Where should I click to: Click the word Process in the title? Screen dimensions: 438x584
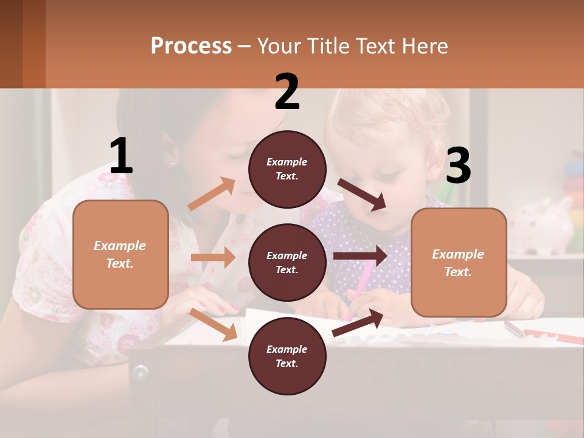[x=191, y=46]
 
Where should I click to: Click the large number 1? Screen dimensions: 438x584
[x=121, y=156]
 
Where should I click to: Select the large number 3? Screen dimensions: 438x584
[x=458, y=166]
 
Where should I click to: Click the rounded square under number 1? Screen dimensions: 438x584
[x=120, y=254]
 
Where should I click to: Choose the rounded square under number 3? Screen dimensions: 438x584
[x=459, y=262]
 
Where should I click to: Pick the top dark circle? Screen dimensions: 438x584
[x=287, y=169]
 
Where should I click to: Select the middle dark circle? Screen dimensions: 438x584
[x=287, y=262]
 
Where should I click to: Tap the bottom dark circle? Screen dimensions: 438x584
[x=287, y=356]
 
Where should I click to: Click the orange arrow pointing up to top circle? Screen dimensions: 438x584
[x=212, y=194]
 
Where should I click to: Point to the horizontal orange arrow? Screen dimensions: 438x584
[x=213, y=257]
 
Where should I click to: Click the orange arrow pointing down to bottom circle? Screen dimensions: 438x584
[x=214, y=324]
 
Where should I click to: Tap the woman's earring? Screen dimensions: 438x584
[x=171, y=162]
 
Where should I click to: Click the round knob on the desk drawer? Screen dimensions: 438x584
[x=141, y=370]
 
